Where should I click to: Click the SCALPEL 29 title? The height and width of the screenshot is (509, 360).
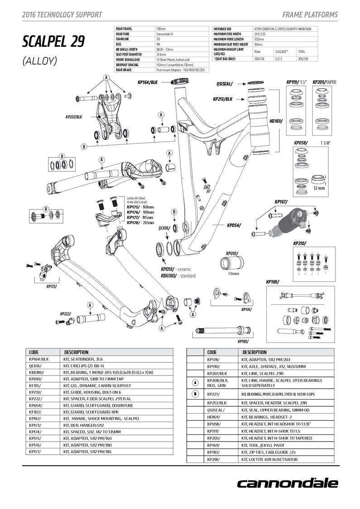(x=53, y=42)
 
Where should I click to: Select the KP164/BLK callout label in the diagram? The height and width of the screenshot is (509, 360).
(x=147, y=82)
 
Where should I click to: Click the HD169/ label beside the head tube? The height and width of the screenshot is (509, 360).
(x=275, y=121)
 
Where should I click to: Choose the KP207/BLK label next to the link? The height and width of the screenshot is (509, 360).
(x=74, y=116)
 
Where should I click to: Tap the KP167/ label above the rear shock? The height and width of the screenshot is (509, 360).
(x=281, y=202)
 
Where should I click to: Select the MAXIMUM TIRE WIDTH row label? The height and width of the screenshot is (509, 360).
(x=227, y=34)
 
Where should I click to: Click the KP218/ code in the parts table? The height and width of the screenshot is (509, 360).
(x=213, y=459)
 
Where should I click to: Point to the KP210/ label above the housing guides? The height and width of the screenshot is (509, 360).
(x=299, y=243)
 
